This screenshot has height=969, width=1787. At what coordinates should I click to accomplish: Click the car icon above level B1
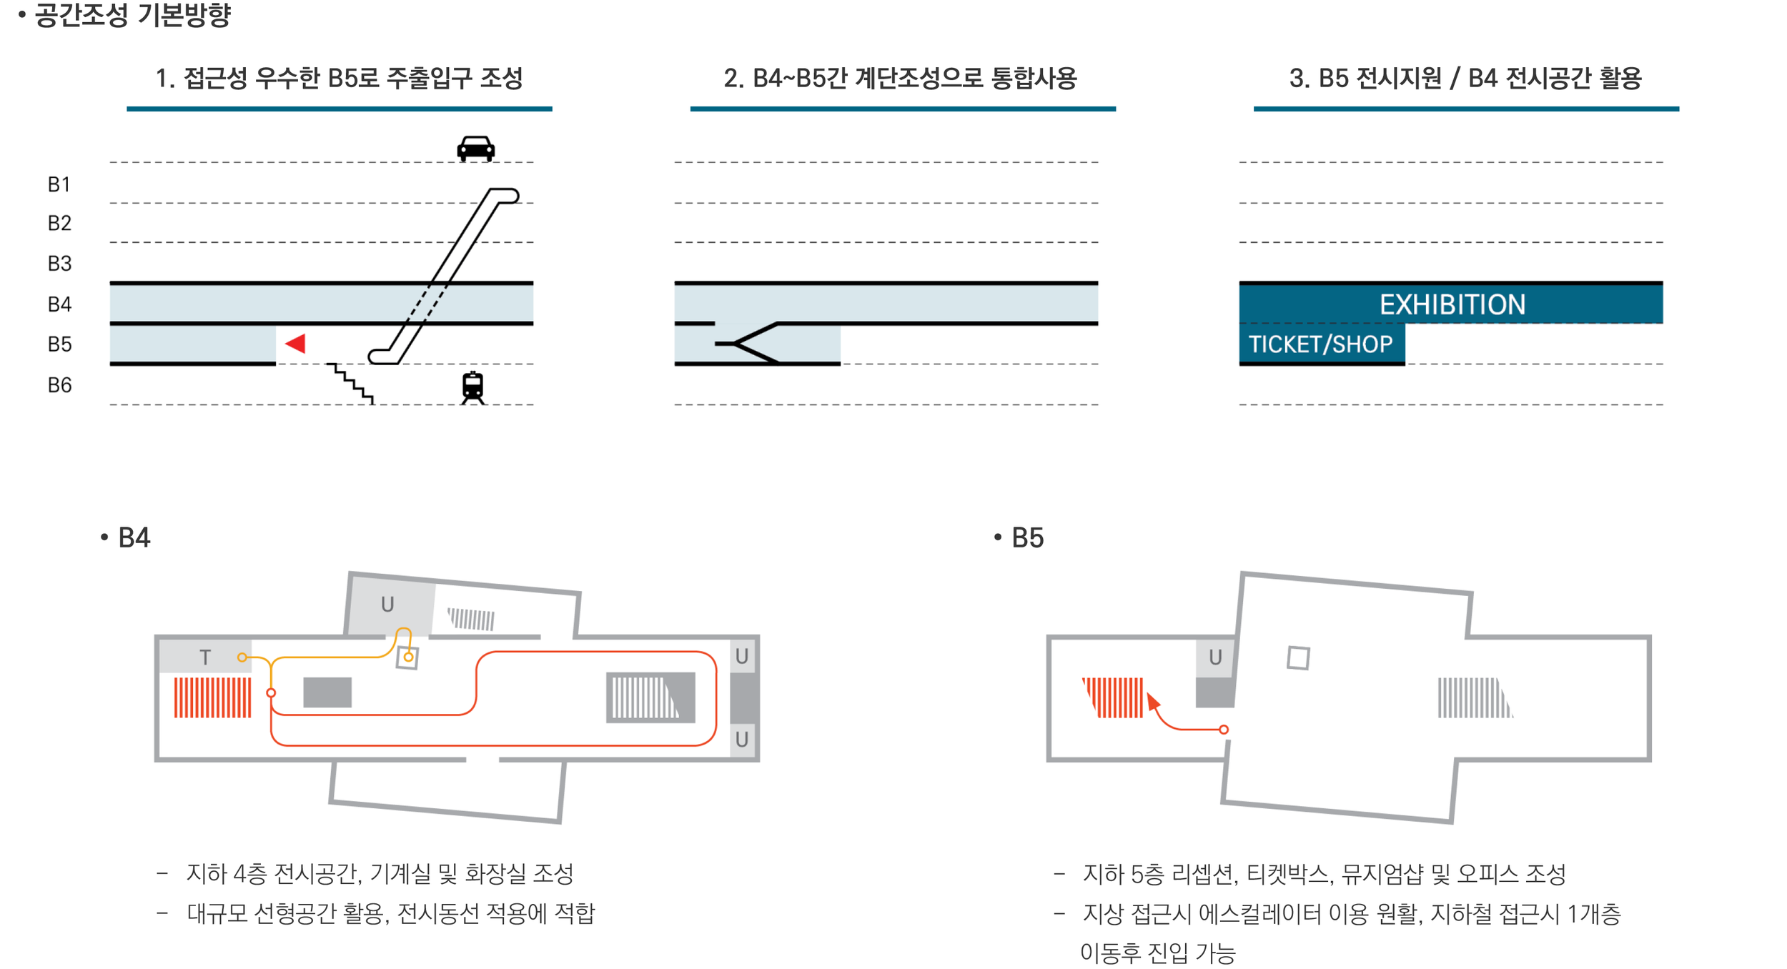point(475,148)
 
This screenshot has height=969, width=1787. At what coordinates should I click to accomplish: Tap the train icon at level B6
point(472,387)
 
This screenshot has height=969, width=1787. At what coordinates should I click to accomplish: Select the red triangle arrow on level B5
point(296,344)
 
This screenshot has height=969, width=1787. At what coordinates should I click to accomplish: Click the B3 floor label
point(59,264)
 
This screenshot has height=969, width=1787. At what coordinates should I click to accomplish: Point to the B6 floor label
point(59,386)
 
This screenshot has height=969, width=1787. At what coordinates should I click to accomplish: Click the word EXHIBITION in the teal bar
point(1452,305)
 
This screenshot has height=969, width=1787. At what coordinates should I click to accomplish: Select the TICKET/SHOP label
point(1320,344)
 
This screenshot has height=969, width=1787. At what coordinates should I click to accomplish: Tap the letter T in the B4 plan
point(205,657)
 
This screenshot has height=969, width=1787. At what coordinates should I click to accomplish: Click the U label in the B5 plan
point(1215,657)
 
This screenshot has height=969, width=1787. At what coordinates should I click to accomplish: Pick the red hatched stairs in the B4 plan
point(212,697)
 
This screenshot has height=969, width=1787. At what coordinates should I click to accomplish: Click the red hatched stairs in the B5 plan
point(1113,697)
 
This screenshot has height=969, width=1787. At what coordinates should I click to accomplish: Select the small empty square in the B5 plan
point(1298,657)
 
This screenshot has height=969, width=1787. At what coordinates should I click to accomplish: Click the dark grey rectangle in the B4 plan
point(327,692)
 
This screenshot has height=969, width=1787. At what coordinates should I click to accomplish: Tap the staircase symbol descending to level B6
point(351,382)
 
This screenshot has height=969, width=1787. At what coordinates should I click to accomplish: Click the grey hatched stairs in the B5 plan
point(1473,697)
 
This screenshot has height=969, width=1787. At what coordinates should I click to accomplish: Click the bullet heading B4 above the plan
point(133,538)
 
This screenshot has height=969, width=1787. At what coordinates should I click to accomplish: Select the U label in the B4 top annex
point(387,605)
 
